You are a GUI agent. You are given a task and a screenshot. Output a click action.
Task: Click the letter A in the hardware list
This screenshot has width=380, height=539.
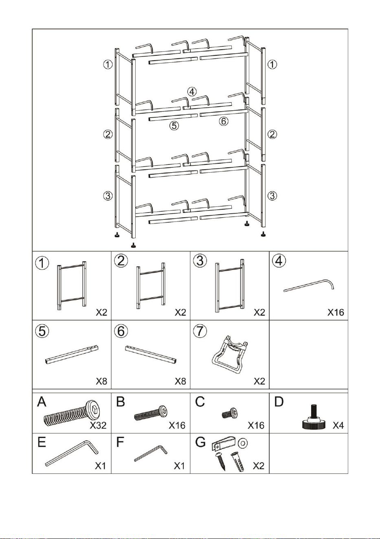pos(42,401)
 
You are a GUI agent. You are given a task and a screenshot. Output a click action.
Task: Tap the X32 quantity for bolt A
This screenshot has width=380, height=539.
pos(98,425)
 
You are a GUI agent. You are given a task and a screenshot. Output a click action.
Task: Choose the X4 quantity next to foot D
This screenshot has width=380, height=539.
pos(338,425)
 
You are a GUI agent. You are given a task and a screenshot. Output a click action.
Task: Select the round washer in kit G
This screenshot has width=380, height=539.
pos(242,442)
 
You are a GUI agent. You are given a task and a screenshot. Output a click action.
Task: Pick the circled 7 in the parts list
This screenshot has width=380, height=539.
pos(200,331)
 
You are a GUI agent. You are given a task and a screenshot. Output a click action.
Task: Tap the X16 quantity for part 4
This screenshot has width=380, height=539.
pos(336,312)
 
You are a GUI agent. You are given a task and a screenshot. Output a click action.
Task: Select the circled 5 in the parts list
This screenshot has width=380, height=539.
pos(42,331)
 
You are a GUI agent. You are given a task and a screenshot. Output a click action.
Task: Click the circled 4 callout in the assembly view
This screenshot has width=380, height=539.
pos(192,92)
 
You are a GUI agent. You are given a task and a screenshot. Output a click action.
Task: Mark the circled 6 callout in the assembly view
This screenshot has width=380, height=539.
pos(224,121)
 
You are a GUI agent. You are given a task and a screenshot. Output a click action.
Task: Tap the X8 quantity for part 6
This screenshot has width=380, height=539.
pos(180,381)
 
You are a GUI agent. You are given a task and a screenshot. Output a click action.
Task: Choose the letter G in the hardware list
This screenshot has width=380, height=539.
pos(200,442)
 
